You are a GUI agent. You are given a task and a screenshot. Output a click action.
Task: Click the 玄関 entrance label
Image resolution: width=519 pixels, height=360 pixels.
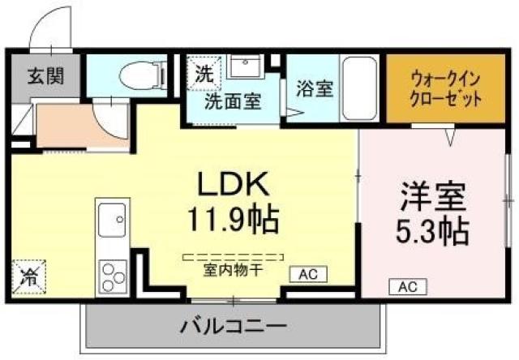click(45, 78)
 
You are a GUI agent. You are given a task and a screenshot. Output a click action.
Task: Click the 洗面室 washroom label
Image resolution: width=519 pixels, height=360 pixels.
click(232, 102)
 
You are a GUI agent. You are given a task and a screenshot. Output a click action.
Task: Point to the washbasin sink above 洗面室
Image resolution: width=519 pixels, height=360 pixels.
click(242, 66)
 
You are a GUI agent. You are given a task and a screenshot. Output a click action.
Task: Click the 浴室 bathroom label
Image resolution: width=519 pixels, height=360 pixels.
click(314, 88)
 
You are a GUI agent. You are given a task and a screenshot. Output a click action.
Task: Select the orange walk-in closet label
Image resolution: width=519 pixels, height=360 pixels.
click(446, 90)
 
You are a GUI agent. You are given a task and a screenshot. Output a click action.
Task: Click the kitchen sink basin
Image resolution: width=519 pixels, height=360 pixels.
click(110, 220)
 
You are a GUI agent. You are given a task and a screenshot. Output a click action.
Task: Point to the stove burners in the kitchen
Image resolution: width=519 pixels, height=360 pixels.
click(110, 272)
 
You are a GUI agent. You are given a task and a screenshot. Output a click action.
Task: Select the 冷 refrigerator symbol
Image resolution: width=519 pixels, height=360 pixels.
click(28, 275)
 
